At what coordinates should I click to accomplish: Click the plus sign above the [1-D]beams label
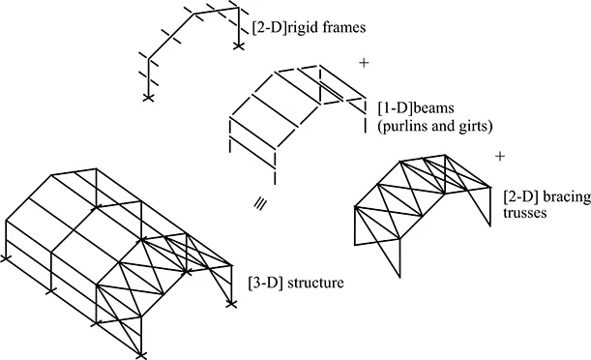tap(364, 63)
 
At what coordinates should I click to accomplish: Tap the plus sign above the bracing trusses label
tap(499, 156)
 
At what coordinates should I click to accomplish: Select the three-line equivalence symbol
tap(260, 203)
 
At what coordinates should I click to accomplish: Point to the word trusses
tap(523, 213)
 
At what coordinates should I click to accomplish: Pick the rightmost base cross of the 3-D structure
tap(231, 303)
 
